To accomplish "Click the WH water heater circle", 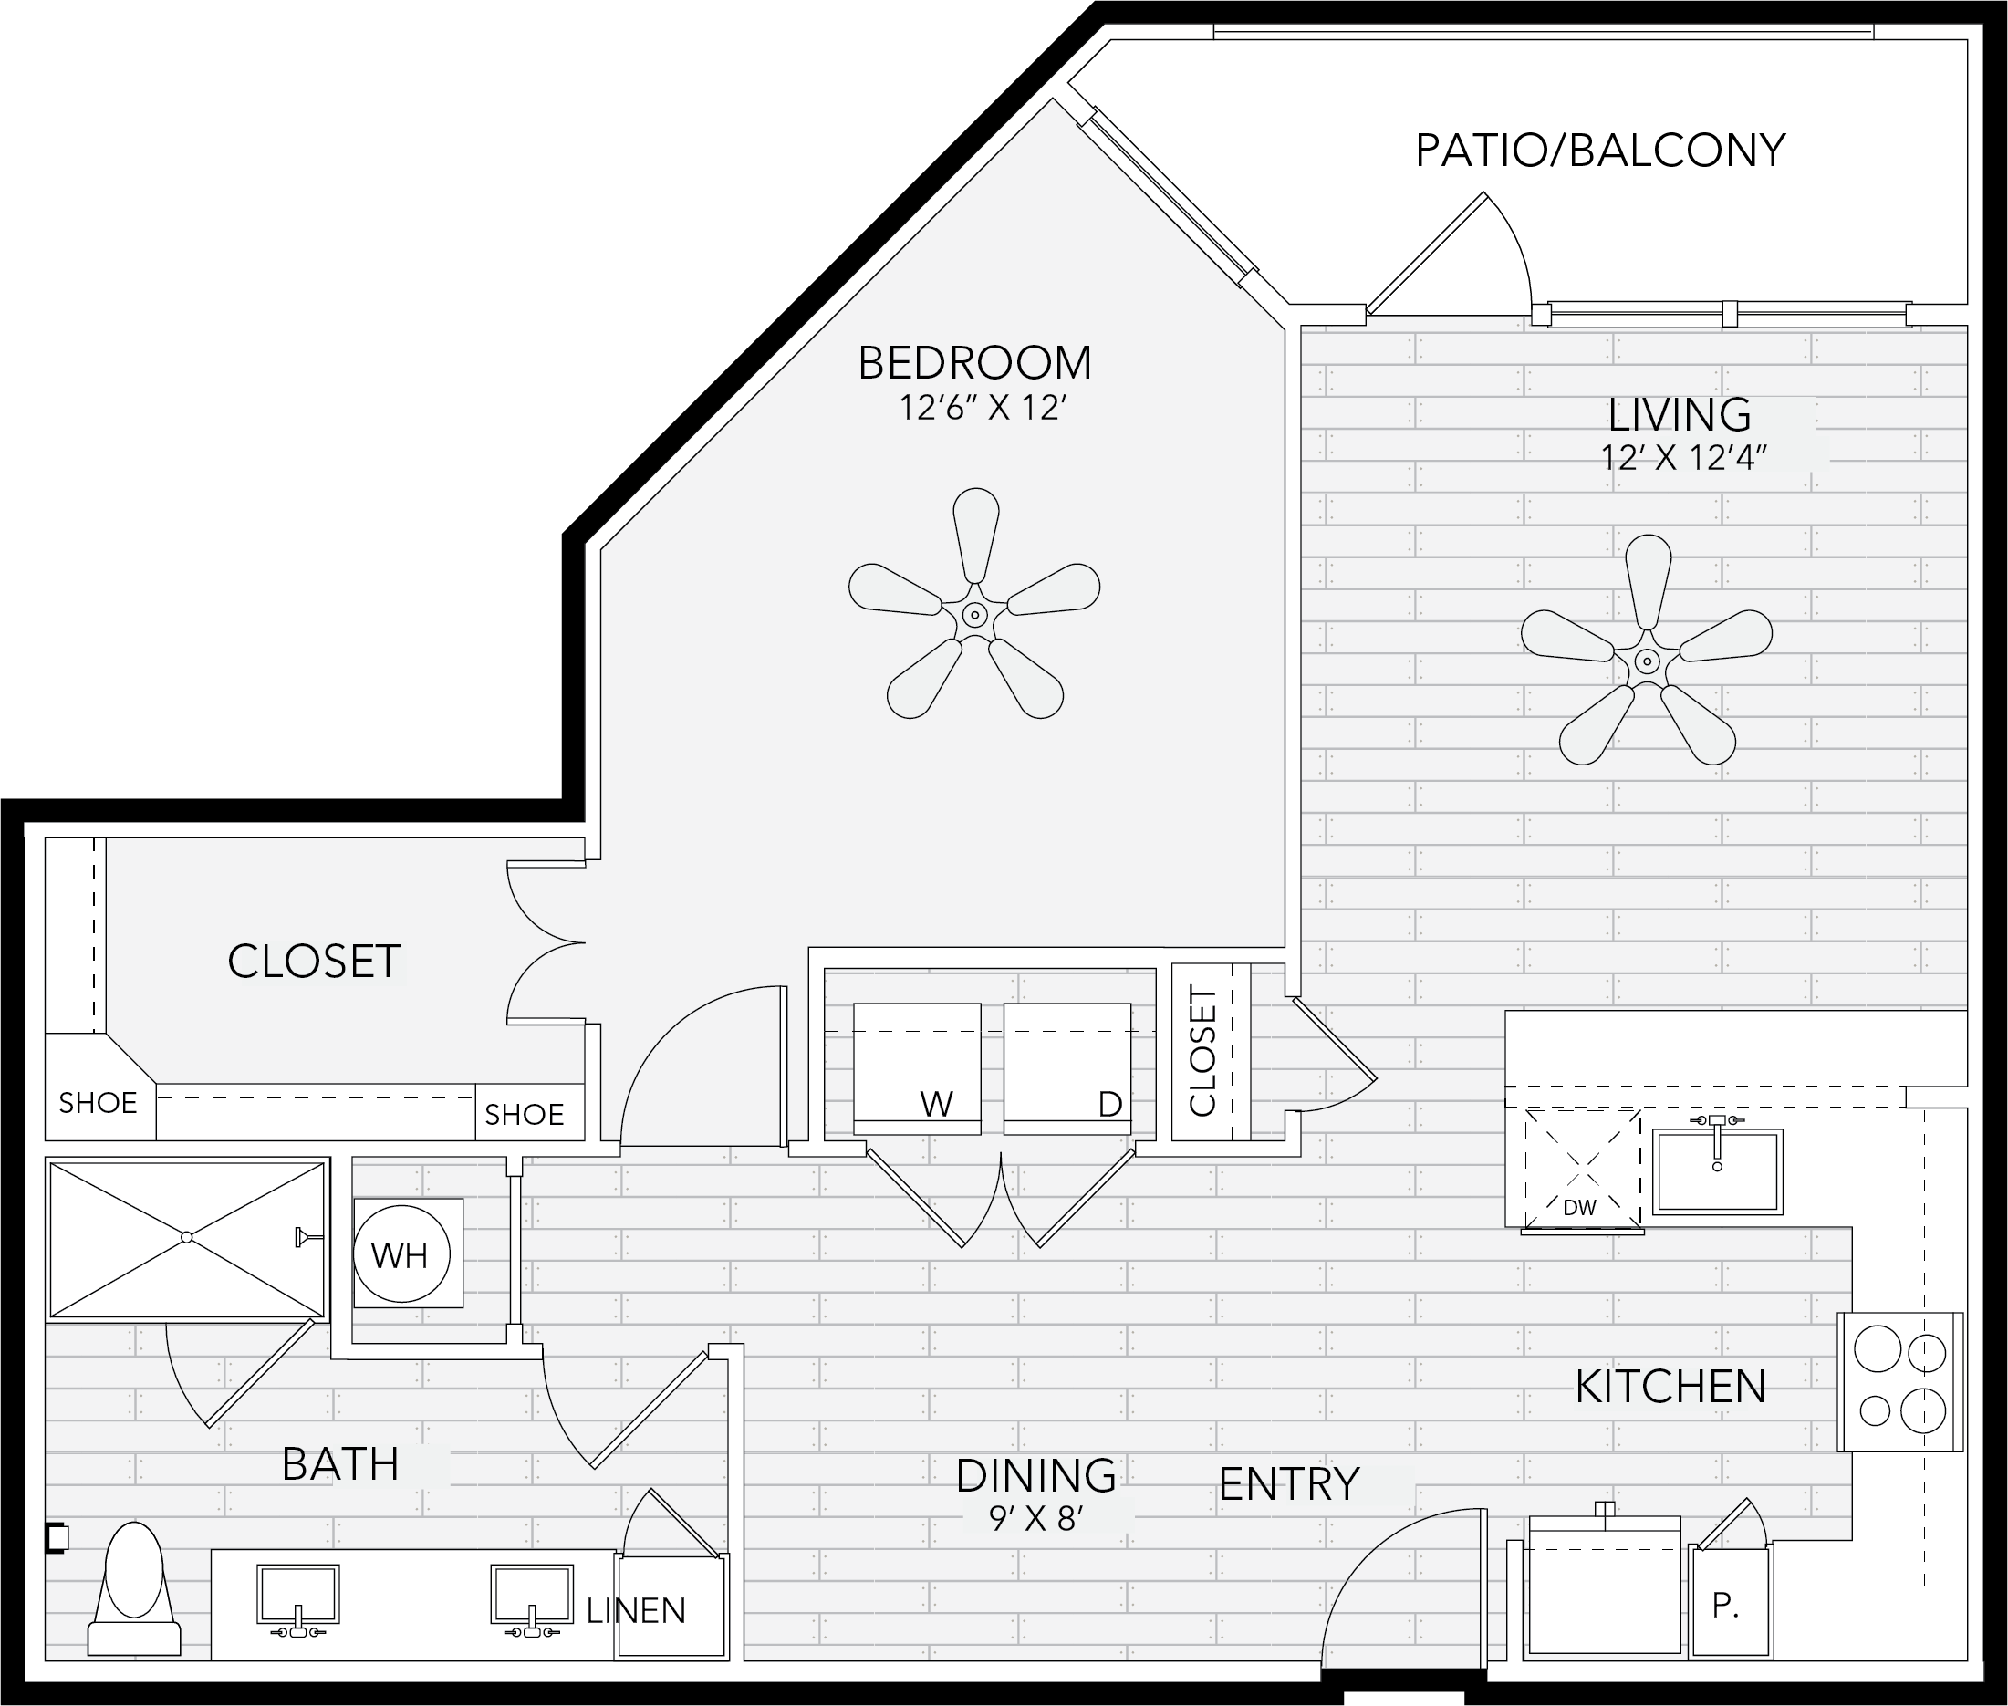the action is (x=399, y=1254).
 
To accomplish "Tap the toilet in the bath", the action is (x=133, y=1590).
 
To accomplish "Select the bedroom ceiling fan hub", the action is (x=975, y=614).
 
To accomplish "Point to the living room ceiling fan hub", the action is (x=1646, y=661).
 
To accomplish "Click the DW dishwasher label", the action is (x=1578, y=1208).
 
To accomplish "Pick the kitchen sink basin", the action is (x=1717, y=1171).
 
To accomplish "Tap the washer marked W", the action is (x=917, y=1068).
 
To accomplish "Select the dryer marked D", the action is (x=1066, y=1068).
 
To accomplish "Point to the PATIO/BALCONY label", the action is (x=1600, y=151).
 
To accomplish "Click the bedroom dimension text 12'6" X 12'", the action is (x=983, y=408).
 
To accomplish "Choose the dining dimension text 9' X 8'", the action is (x=1035, y=1519).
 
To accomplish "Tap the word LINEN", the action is (x=637, y=1610).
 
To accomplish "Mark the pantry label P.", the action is (x=1725, y=1606).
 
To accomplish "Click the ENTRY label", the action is (x=1288, y=1484).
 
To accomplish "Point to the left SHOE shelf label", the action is (x=98, y=1103).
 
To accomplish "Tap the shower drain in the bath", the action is (x=187, y=1237).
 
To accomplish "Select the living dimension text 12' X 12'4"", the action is (x=1684, y=456).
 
